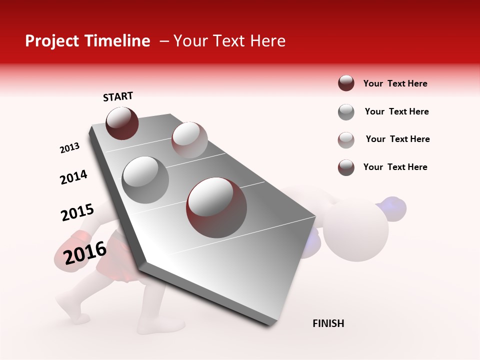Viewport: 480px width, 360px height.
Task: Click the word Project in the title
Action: click(49, 41)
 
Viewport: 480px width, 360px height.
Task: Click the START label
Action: click(118, 96)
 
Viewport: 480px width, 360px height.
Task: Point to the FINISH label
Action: click(328, 323)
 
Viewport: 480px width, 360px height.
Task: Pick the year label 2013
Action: click(69, 148)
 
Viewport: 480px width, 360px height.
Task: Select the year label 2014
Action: click(73, 177)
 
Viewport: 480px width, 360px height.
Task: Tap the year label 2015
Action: click(77, 212)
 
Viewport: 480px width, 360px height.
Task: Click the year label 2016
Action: click(85, 253)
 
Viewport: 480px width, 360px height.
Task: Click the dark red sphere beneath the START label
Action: click(122, 123)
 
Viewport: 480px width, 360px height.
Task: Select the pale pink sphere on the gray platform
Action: click(189, 139)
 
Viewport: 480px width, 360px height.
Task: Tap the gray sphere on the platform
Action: click(145, 179)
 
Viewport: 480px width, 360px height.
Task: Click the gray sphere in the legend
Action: click(346, 112)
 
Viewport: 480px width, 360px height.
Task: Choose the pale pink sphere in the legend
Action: click(346, 140)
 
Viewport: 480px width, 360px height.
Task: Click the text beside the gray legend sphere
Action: click(396, 111)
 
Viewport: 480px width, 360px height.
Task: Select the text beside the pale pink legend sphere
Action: click(397, 139)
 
